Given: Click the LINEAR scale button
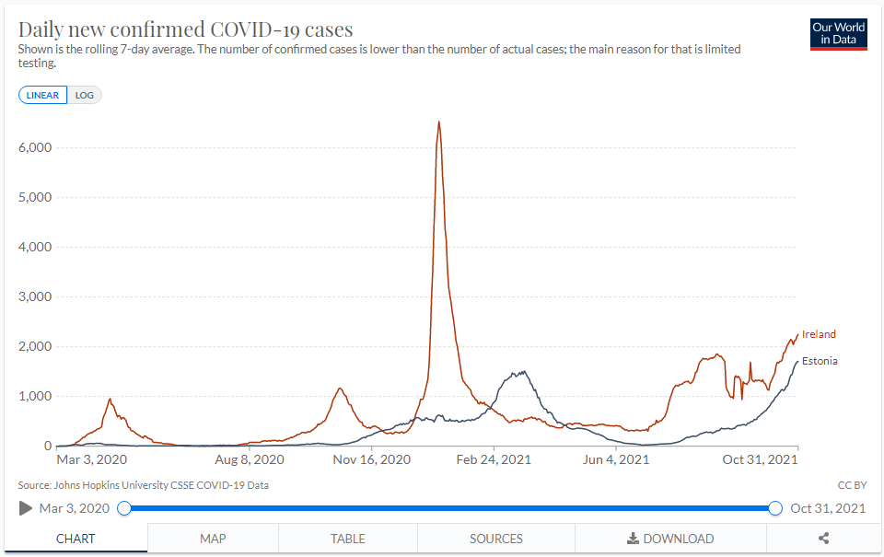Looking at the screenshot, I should [42, 95].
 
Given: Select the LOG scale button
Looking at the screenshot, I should [85, 95].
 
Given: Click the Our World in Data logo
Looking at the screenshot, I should [839, 34].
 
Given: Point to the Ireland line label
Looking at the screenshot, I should [819, 334].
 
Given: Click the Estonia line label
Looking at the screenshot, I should [820, 361].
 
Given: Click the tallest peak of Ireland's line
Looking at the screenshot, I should [439, 122].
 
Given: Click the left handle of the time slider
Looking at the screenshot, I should [124, 508].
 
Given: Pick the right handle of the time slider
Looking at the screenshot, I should [775, 508].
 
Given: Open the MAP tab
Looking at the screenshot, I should [213, 539].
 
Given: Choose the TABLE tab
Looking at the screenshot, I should [348, 539].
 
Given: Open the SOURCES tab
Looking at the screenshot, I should [496, 539].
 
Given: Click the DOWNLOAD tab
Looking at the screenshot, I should [670, 539].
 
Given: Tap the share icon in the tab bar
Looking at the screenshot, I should [824, 539].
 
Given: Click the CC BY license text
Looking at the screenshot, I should [853, 484].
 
